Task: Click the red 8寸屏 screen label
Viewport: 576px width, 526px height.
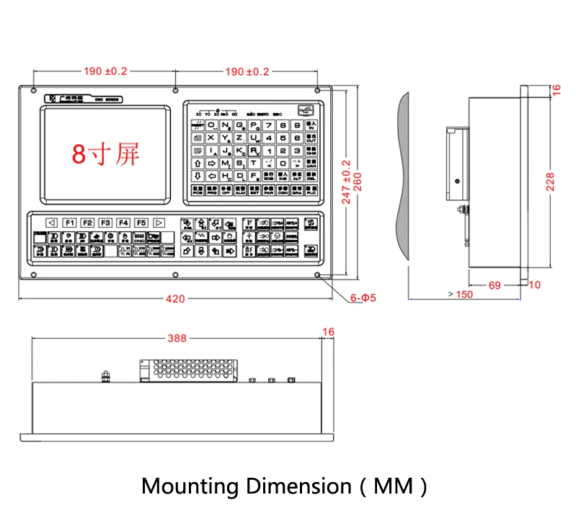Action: pos(105,153)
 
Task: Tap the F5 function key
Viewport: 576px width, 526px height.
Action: pos(141,223)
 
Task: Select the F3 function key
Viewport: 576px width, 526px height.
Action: pos(105,223)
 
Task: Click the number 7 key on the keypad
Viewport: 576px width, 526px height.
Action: pos(268,125)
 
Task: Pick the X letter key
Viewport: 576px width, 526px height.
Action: pos(211,138)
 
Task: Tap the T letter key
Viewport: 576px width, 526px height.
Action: pos(254,163)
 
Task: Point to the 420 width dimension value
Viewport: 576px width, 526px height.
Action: pos(174,298)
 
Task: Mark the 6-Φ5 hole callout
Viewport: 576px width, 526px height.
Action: pos(364,297)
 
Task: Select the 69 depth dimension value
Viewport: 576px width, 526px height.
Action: pos(495,285)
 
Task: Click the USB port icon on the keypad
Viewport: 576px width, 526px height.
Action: pos(306,110)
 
